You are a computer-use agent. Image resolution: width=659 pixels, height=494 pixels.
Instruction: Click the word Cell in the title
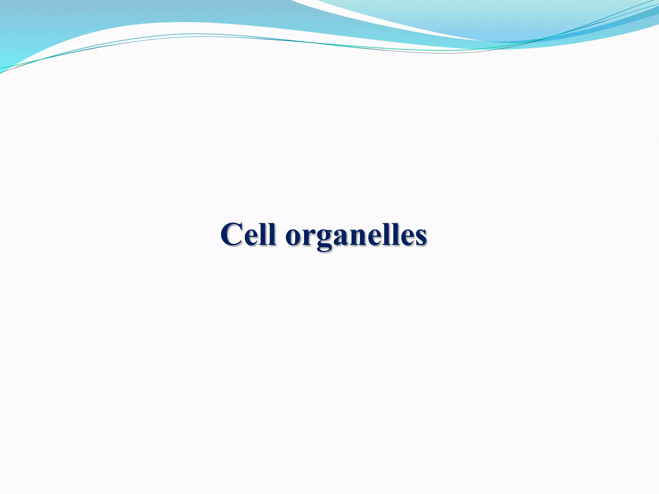(x=248, y=234)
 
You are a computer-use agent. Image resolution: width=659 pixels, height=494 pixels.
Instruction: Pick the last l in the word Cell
(x=273, y=233)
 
